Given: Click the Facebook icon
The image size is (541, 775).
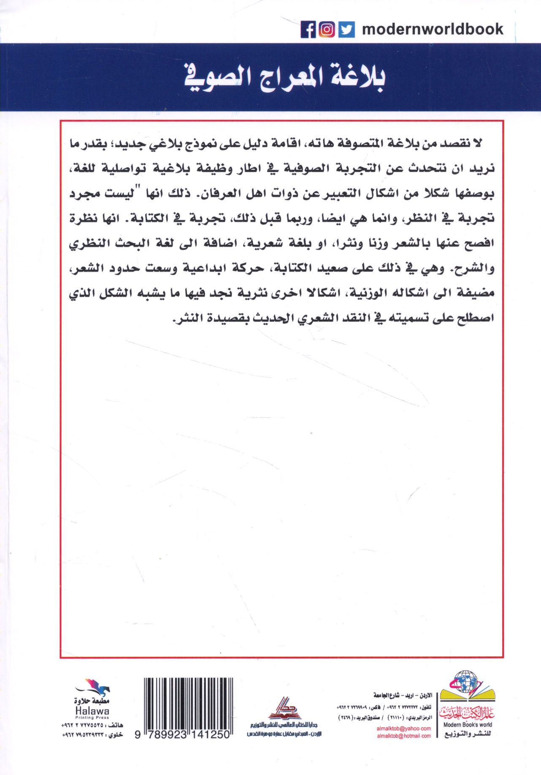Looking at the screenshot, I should [x=308, y=30].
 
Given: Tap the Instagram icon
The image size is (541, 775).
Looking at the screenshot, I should [x=327, y=30].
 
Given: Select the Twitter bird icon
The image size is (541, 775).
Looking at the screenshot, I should [x=346, y=30].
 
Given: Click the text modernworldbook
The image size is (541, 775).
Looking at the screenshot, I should [x=433, y=29].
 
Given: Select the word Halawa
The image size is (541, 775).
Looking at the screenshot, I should [x=92, y=711].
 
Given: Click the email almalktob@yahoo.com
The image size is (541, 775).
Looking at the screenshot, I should [x=404, y=728].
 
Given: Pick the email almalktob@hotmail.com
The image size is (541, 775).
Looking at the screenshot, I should [x=404, y=736].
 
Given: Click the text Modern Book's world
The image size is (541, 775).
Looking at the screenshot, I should [x=468, y=725].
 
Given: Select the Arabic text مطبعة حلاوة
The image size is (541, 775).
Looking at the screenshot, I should [x=92, y=702].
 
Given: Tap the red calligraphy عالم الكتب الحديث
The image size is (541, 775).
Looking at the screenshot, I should [x=467, y=713].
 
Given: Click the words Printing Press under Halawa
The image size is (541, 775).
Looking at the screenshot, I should [x=92, y=718].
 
